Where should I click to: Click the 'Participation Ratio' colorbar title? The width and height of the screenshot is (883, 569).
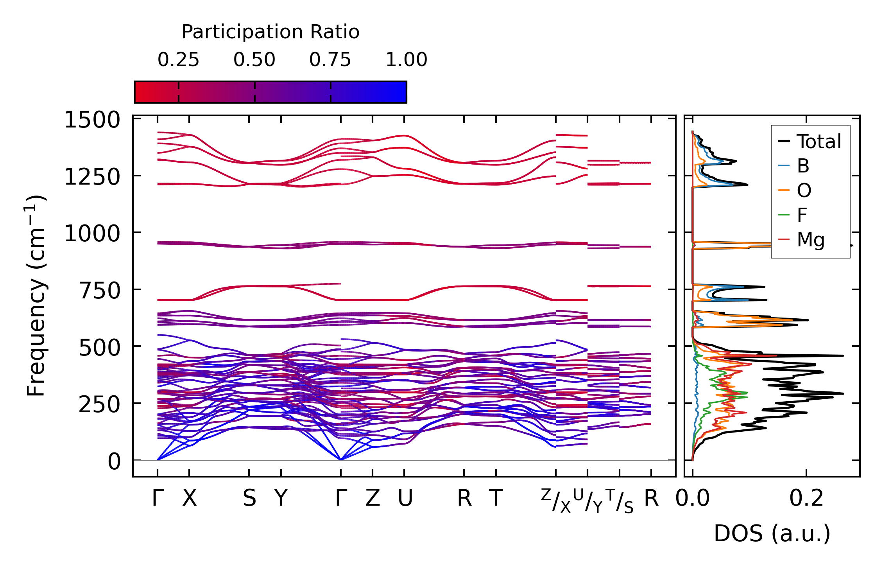point(270,32)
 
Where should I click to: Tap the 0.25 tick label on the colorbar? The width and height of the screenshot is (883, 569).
point(178,60)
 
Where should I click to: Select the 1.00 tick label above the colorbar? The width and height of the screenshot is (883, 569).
point(406,60)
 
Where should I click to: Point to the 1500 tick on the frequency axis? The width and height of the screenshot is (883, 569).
point(92,120)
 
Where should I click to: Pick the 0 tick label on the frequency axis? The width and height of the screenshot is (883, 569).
point(114,461)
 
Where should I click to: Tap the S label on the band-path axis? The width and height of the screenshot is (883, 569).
point(249,498)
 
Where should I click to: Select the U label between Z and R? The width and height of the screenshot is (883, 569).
point(405,498)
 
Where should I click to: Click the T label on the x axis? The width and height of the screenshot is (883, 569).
point(496,498)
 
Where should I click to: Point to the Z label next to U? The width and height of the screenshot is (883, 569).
point(373,498)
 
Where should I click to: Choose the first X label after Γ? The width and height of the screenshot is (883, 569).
point(190,498)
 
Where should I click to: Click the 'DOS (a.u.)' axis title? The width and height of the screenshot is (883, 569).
point(772,533)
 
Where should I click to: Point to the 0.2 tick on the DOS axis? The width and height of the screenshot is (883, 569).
point(806,498)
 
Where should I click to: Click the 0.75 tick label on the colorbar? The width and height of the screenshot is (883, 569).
point(330,60)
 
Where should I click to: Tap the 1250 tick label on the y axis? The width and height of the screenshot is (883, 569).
point(92,177)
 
